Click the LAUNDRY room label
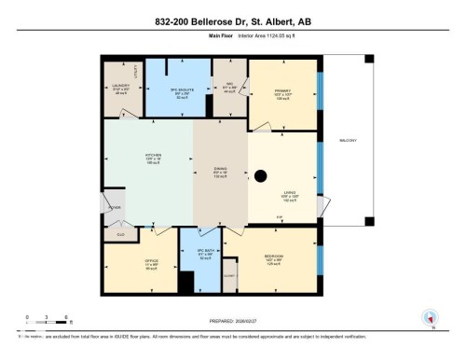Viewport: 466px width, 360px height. coord(118,87)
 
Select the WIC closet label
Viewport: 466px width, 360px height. coord(229,87)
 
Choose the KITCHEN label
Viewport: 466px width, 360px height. coord(153,155)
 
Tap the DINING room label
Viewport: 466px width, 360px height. coord(221,173)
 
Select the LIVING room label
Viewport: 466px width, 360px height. coord(288,194)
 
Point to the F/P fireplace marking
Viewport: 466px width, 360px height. coord(278,218)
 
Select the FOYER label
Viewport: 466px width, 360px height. coord(114,208)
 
